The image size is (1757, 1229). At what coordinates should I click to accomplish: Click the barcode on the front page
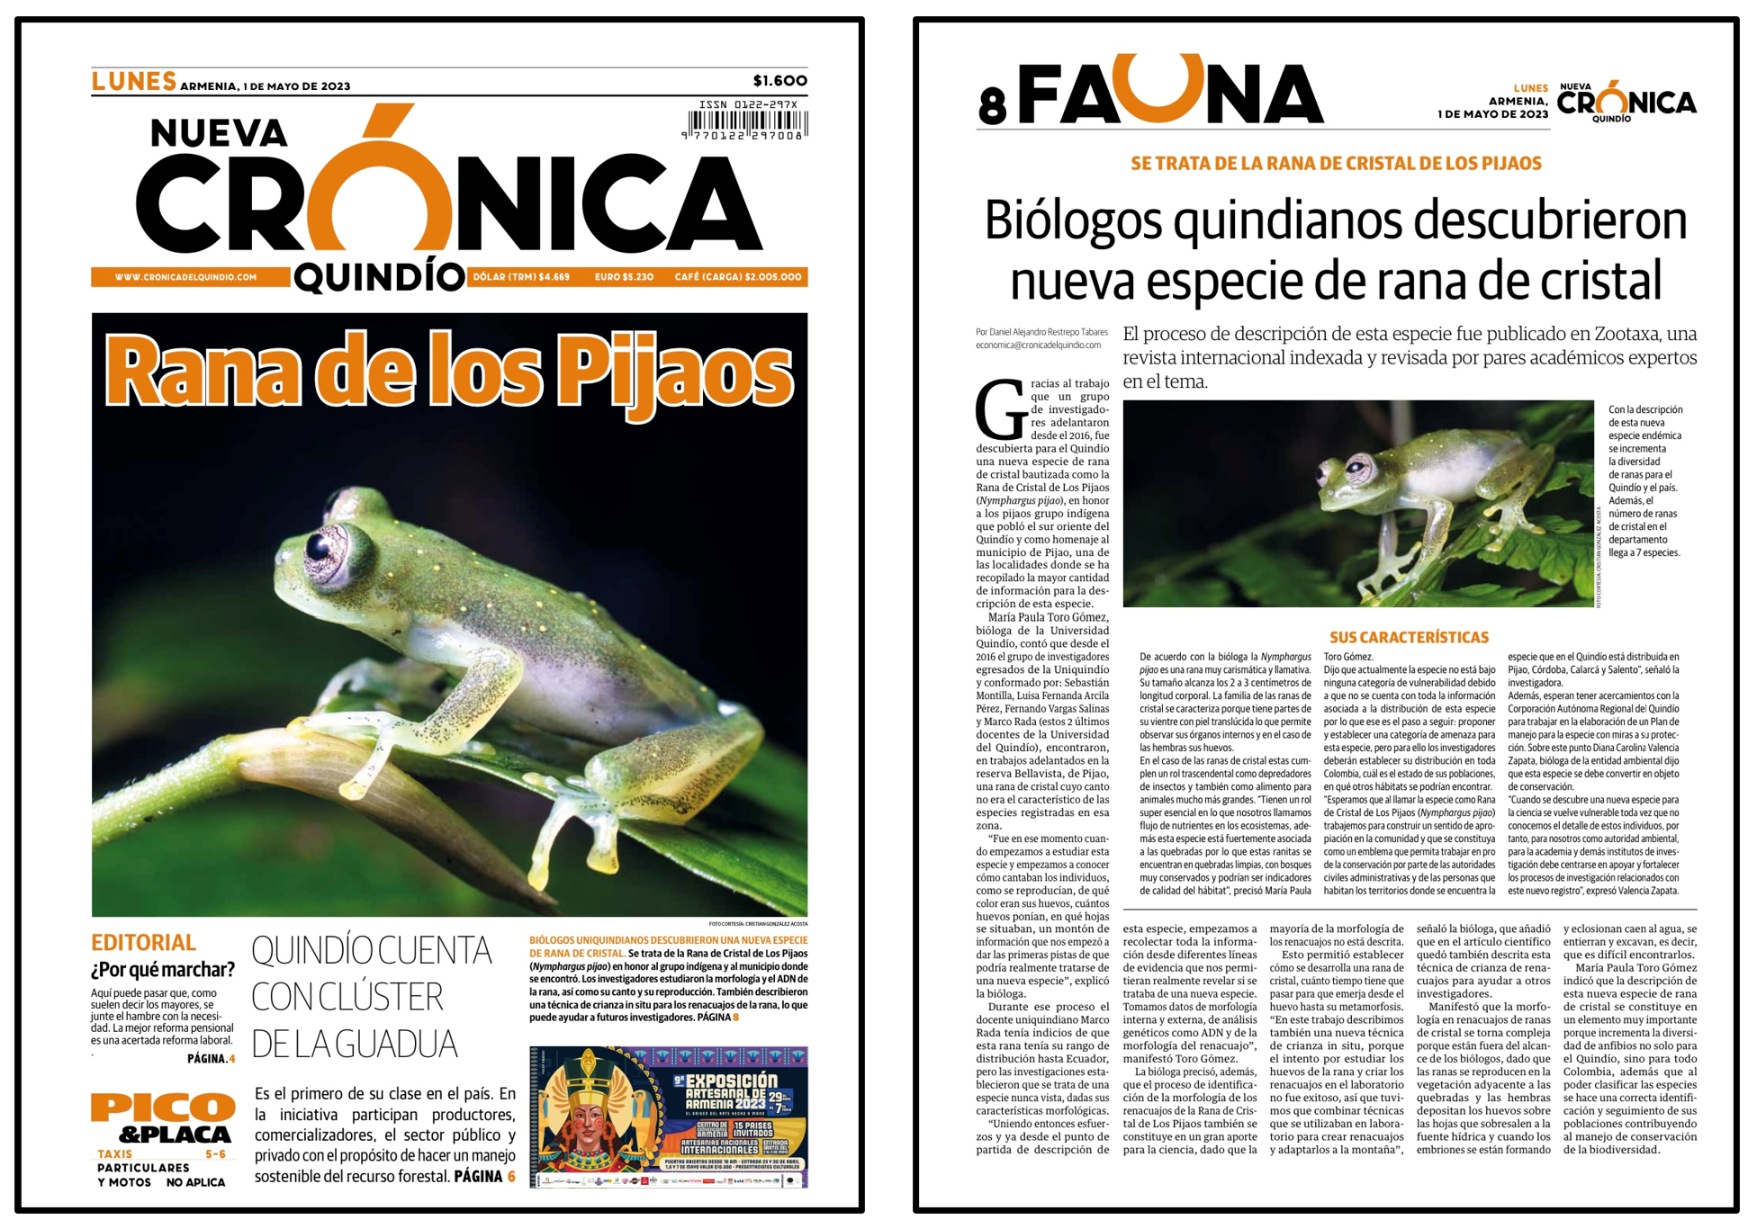[747, 122]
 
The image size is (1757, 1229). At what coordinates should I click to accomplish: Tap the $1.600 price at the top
[779, 81]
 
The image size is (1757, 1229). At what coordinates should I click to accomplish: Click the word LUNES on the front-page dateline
[133, 82]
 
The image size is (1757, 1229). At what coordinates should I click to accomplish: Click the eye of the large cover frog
[321, 545]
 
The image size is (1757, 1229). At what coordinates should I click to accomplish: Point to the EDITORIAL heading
[143, 942]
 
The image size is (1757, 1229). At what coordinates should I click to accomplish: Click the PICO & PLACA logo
[163, 1118]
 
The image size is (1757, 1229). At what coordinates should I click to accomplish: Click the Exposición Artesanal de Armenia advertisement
[668, 1116]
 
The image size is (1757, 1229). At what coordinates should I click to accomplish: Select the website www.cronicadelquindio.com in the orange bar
[185, 277]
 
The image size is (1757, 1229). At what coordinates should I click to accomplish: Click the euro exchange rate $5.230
[624, 277]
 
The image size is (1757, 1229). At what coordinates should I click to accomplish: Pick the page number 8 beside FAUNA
[991, 107]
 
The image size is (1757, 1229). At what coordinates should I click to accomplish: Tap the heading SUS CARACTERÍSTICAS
[1409, 637]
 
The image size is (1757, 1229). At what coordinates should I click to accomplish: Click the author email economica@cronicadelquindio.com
[1038, 345]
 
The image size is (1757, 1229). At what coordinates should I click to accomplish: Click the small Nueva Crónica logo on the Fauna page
[1626, 101]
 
